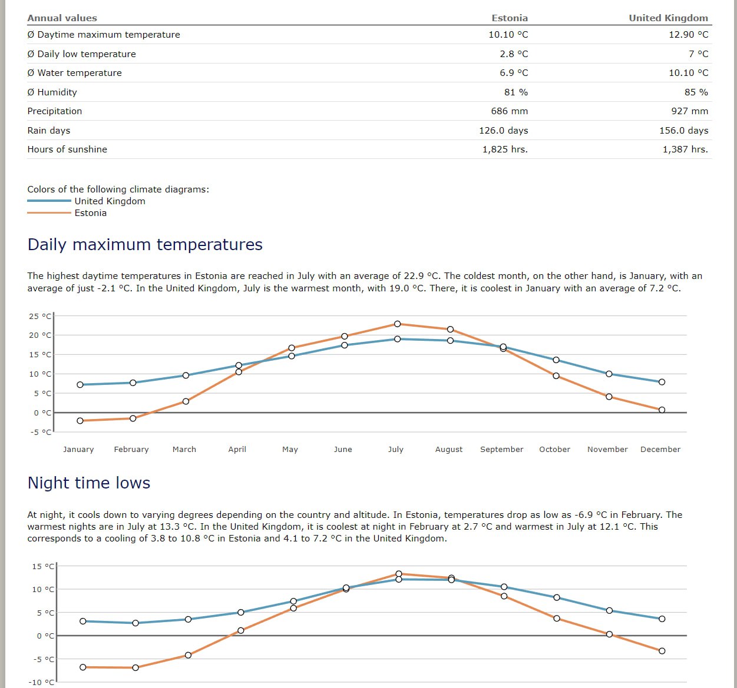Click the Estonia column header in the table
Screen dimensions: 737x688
510,18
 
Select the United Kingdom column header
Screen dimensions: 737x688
668,18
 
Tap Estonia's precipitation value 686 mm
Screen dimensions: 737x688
509,111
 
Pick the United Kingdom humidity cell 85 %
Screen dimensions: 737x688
696,92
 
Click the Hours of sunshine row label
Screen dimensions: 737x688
67,149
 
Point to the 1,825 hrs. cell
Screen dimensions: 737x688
505,149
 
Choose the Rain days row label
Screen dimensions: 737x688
49,130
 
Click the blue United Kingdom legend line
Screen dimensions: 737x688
49,201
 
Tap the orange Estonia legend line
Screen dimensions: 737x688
49,212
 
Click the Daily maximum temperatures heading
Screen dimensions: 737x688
145,245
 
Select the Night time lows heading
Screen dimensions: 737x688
89,483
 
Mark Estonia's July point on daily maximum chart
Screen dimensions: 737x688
398,324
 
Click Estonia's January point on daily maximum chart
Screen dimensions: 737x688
80,421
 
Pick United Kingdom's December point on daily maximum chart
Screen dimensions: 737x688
662,381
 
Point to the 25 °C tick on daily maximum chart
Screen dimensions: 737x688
40,316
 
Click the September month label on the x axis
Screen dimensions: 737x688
502,449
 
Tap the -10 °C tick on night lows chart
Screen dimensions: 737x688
41,682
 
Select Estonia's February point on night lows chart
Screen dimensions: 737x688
135,667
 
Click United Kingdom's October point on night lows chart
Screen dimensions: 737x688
557,597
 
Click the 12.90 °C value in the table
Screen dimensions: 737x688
688,35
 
